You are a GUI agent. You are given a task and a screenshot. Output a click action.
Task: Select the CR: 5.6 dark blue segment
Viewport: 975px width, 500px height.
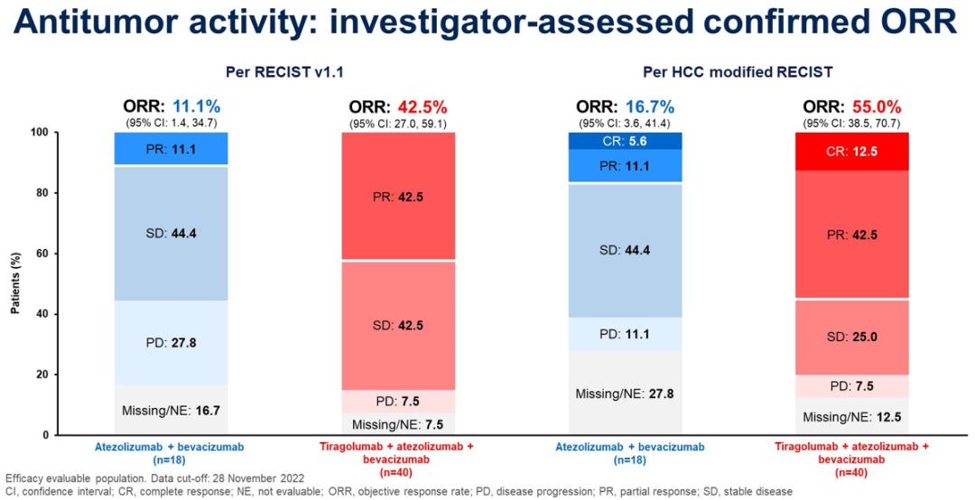coord(624,141)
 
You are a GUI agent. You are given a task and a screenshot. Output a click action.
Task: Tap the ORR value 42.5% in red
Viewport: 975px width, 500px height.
coord(425,106)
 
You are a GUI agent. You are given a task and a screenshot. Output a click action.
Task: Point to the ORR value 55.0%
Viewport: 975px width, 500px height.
coord(876,106)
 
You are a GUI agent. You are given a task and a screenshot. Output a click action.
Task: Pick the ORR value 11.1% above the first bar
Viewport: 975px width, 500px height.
coord(198,106)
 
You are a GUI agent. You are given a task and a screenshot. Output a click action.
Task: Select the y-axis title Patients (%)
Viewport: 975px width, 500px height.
coord(15,283)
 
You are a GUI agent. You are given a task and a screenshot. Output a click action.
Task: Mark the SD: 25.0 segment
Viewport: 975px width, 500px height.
coord(849,337)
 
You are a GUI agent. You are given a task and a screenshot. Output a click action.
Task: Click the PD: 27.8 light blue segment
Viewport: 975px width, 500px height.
coord(172,342)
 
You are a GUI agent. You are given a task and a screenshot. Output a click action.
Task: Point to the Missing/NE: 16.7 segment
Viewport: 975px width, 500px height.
coord(172,411)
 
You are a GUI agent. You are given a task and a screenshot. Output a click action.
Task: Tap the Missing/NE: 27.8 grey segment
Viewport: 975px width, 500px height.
coord(624,394)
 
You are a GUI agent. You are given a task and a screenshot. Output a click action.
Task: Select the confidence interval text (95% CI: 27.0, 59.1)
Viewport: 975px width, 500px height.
coord(398,122)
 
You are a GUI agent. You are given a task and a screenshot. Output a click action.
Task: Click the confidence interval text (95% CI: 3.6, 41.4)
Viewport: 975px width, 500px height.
coord(624,122)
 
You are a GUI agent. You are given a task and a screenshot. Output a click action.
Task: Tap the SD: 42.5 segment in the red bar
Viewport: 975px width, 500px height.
coord(398,325)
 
